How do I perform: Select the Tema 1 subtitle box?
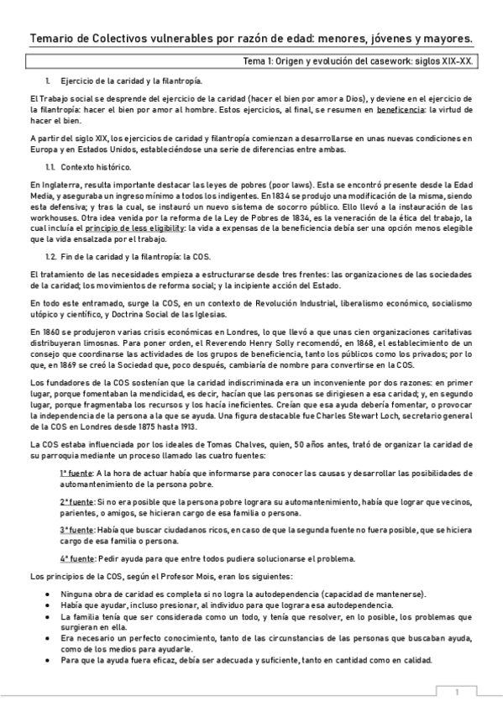click(251, 61)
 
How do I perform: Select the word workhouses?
click(57, 217)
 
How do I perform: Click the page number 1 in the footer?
click(456, 693)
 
